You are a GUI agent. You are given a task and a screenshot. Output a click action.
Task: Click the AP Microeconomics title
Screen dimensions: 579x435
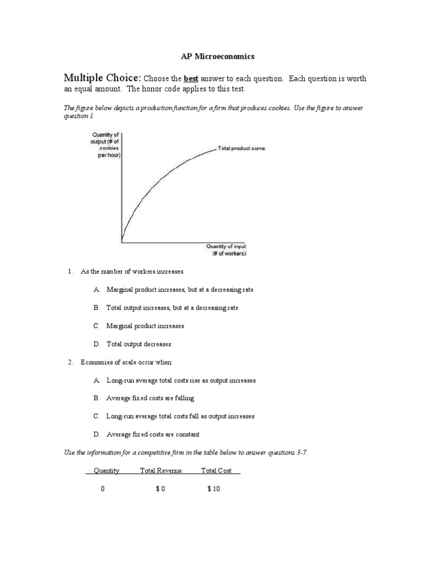(x=217, y=57)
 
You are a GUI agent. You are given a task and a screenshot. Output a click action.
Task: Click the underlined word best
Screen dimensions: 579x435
(x=191, y=79)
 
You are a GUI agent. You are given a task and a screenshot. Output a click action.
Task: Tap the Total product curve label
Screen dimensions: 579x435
(x=241, y=149)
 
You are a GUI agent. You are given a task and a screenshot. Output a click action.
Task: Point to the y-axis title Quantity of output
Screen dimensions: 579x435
(x=105, y=144)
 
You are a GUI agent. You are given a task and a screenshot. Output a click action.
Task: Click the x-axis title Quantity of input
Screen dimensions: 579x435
(x=225, y=250)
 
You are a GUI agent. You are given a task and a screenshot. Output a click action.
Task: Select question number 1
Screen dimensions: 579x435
(x=70, y=272)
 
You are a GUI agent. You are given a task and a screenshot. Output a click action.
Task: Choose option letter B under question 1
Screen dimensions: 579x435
(x=97, y=308)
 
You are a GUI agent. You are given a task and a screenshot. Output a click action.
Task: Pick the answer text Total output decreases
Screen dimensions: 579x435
(x=139, y=344)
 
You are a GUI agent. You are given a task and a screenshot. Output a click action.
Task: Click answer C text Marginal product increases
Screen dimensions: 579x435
(x=145, y=326)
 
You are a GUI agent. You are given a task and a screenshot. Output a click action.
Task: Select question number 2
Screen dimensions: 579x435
(x=70, y=362)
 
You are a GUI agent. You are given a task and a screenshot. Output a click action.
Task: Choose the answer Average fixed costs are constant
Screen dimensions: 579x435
(x=153, y=434)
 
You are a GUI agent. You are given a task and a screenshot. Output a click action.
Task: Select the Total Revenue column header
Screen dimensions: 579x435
(x=161, y=470)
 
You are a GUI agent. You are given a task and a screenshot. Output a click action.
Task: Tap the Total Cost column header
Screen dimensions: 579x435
(x=217, y=470)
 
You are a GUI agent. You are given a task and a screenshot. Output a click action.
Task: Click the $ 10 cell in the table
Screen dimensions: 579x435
(x=214, y=489)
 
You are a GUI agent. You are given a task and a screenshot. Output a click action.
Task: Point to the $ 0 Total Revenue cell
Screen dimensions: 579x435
(x=160, y=489)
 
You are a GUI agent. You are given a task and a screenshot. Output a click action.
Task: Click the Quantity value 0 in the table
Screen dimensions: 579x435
(x=103, y=489)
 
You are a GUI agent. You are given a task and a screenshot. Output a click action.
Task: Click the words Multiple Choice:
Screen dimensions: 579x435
(x=102, y=78)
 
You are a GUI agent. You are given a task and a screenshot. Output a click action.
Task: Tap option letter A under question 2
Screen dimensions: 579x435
(x=97, y=381)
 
